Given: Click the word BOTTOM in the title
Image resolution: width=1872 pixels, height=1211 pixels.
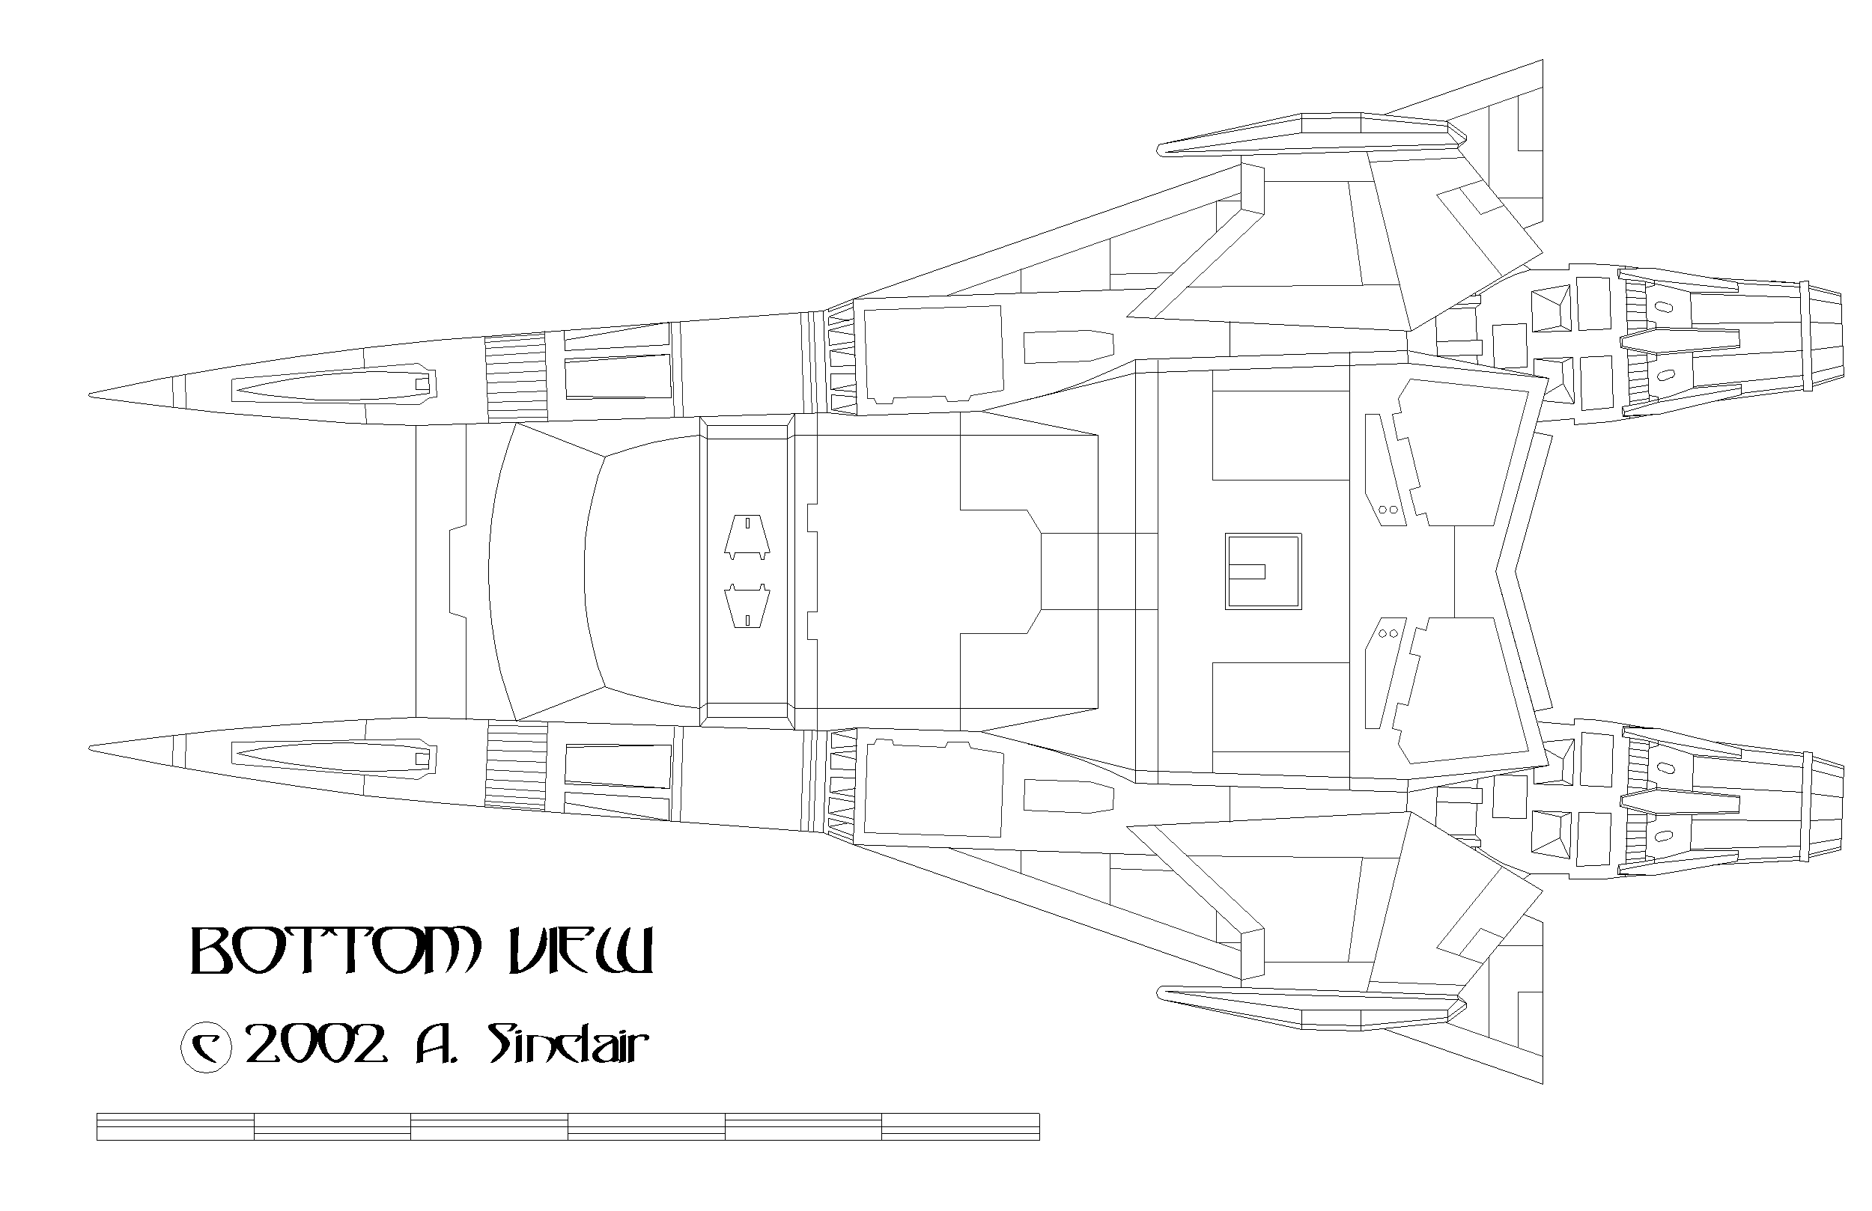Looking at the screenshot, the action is (334, 952).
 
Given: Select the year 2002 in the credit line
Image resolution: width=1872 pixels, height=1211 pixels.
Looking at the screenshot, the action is (316, 1044).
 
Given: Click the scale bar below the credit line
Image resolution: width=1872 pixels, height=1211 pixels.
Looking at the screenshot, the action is (568, 1126).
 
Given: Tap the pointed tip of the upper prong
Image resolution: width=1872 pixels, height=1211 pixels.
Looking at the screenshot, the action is (90, 394).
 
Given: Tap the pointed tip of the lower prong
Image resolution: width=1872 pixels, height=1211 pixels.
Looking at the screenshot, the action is (90, 748).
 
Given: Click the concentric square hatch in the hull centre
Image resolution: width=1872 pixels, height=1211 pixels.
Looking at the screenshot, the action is (1263, 571).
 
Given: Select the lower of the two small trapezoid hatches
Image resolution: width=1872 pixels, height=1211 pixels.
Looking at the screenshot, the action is (747, 605).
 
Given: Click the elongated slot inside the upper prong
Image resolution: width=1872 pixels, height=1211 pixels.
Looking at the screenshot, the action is (334, 384).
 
